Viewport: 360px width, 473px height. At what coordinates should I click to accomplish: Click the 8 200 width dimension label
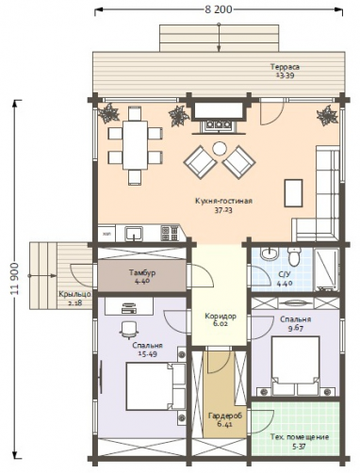click(x=219, y=9)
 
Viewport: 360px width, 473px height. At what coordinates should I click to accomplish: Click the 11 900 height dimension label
click(x=14, y=279)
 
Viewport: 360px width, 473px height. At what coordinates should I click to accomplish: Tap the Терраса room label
click(x=285, y=67)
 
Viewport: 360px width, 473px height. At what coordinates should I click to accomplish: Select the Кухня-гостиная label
click(x=223, y=201)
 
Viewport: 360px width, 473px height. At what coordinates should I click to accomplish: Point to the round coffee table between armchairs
click(x=220, y=148)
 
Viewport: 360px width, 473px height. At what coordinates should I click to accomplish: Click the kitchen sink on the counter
click(x=134, y=234)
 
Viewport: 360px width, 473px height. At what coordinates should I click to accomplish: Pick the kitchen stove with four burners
click(x=170, y=234)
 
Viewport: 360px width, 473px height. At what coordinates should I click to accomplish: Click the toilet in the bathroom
click(x=294, y=256)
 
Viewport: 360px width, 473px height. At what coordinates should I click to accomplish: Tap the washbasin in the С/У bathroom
click(x=270, y=253)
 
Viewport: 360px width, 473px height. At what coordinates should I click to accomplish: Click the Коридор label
click(x=221, y=316)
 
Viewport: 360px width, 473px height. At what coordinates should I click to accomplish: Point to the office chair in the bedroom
click(x=129, y=330)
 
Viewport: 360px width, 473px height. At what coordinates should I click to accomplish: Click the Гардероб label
click(x=225, y=416)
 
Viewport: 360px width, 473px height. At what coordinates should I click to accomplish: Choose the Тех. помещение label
click(x=300, y=437)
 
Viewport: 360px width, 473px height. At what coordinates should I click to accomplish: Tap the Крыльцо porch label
click(x=74, y=294)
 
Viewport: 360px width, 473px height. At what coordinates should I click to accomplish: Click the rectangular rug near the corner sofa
click(x=293, y=193)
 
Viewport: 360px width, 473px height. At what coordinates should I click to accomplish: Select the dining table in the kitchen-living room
click(x=135, y=145)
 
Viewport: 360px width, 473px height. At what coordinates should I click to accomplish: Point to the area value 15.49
click(x=147, y=354)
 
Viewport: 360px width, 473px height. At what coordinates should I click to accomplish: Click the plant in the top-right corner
click(x=328, y=116)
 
